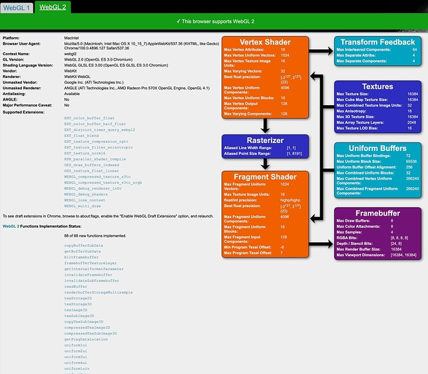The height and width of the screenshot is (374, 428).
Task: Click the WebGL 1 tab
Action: coord(17,7)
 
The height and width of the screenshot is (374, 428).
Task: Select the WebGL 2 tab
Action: coord(52,7)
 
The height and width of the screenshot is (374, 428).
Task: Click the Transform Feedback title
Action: coord(377,41)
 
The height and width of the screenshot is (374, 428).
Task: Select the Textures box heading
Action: coord(377,87)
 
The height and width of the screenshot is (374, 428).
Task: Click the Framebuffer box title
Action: coord(377,212)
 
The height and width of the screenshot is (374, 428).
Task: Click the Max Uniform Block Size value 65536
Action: coord(411,160)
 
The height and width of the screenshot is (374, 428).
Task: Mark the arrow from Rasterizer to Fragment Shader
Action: coord(266,163)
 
